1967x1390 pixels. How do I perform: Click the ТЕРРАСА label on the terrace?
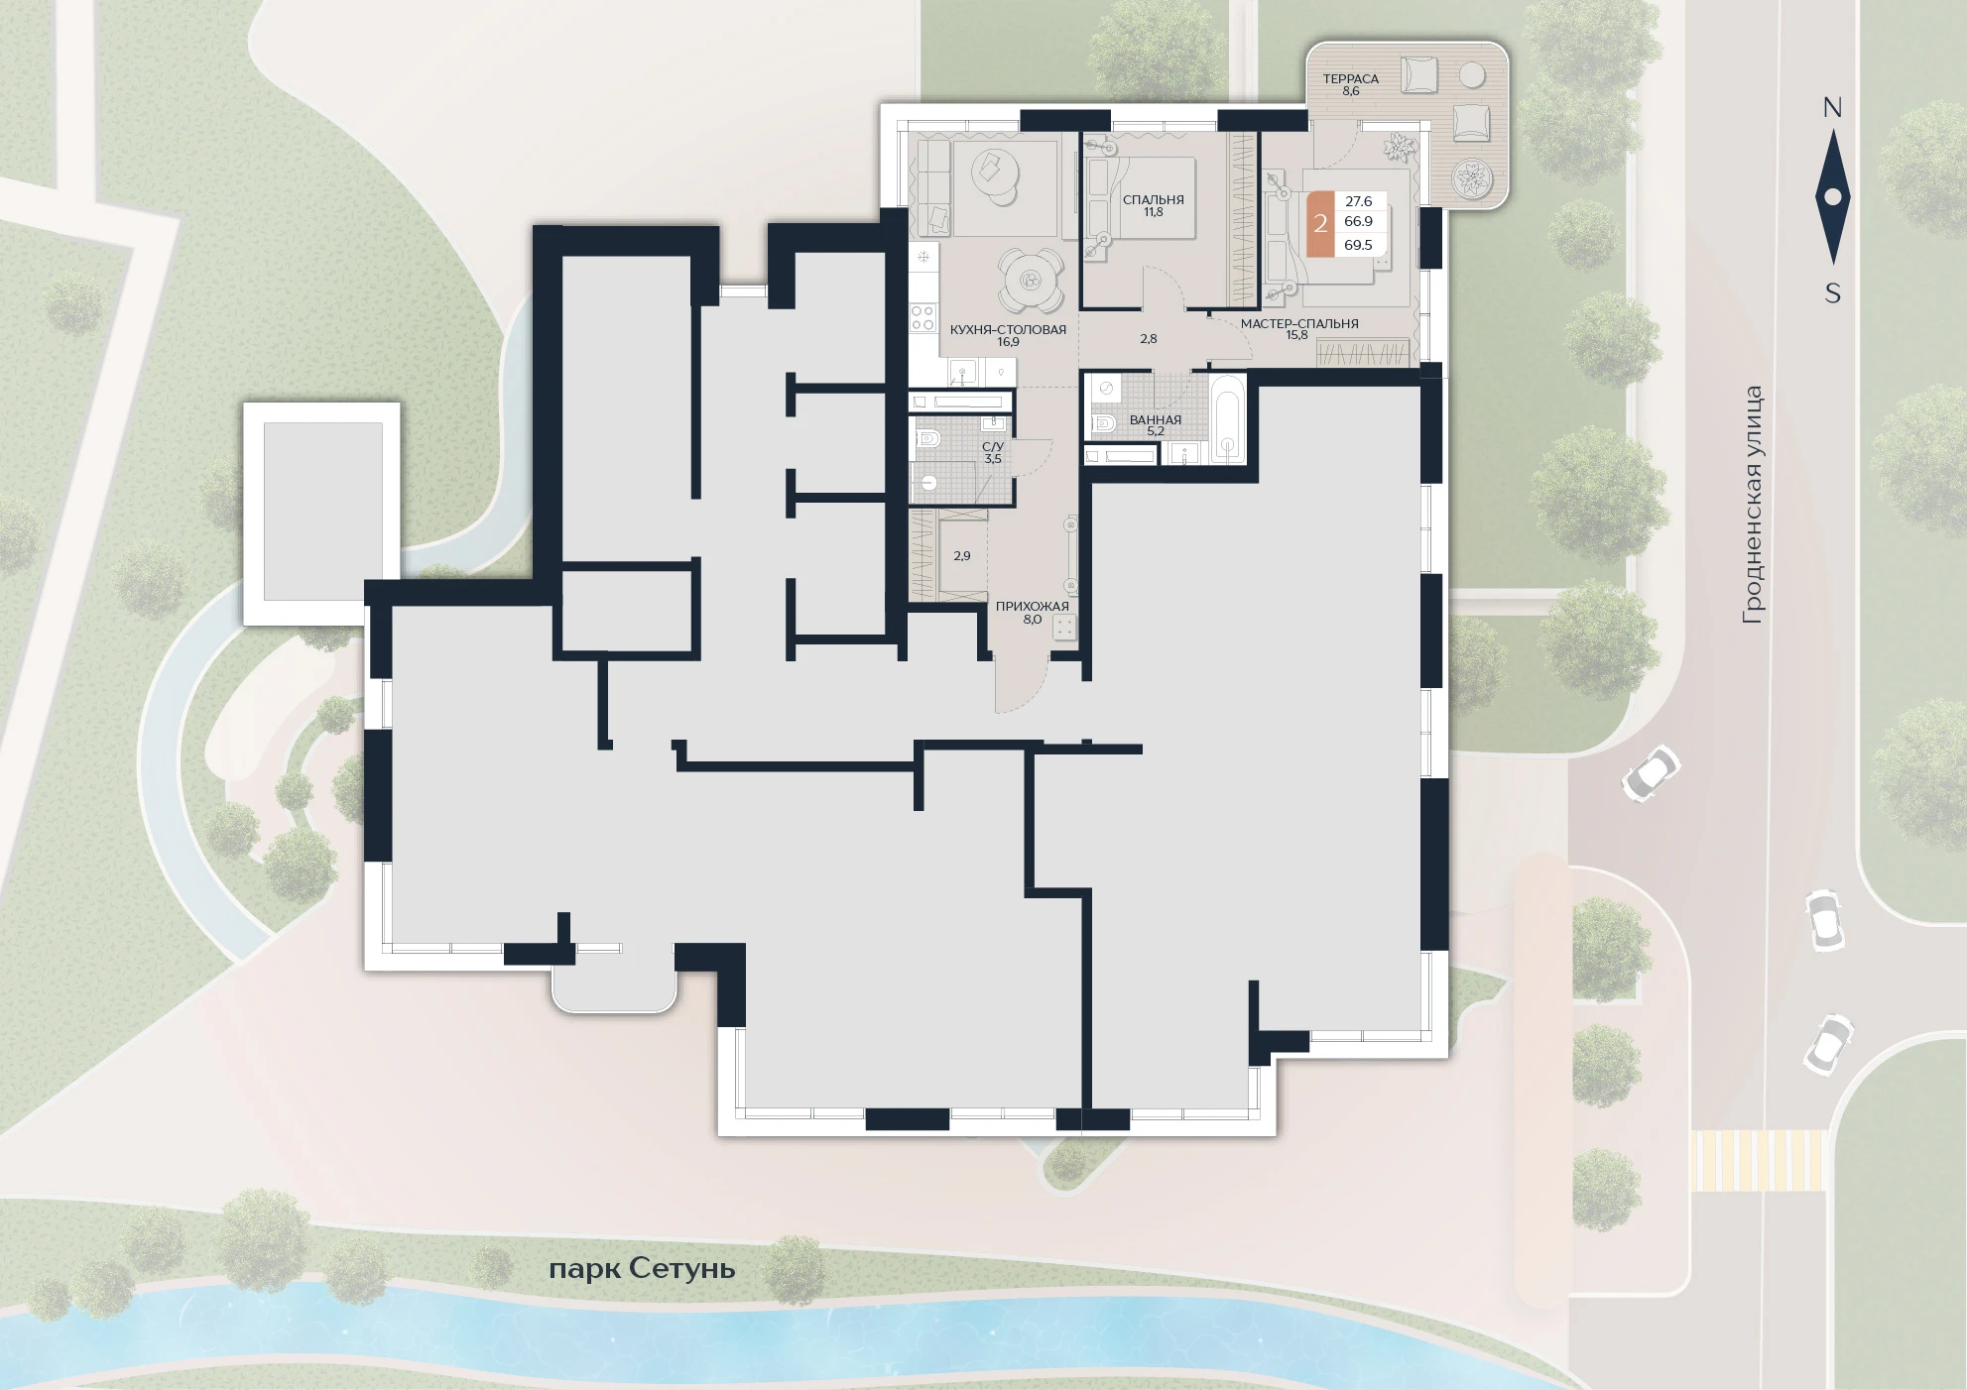(x=1350, y=78)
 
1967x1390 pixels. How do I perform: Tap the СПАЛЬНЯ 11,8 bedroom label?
(x=1154, y=205)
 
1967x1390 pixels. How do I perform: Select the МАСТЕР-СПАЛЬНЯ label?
(x=1299, y=323)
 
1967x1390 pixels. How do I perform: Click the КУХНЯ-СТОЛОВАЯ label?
(x=1008, y=329)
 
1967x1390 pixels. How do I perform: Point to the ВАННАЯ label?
(x=1156, y=419)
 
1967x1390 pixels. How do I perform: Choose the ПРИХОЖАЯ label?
(x=1033, y=606)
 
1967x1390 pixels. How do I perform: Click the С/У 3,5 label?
(x=993, y=453)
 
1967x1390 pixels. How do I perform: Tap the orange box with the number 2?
(x=1320, y=224)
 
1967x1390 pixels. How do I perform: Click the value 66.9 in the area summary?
(x=1358, y=221)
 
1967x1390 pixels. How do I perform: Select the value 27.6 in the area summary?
(x=1358, y=201)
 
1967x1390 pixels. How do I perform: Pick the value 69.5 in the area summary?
(x=1358, y=245)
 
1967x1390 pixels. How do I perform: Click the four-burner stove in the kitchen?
(x=923, y=317)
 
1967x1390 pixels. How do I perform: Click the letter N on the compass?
(x=1832, y=107)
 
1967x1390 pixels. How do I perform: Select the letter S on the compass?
(x=1833, y=293)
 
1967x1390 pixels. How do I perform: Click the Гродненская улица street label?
(x=1753, y=505)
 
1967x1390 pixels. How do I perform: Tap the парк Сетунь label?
(x=642, y=1269)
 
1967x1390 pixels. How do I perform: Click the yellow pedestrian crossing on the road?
(x=1758, y=1160)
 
